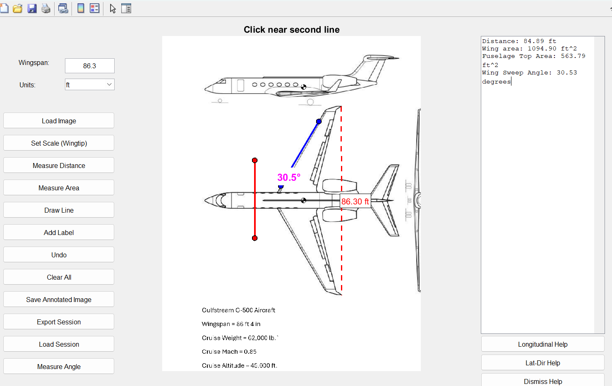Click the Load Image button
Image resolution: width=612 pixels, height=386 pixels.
59,121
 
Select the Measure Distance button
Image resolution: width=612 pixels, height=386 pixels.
59,165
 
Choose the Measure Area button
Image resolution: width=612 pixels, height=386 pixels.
59,188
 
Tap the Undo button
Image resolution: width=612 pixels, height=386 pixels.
59,255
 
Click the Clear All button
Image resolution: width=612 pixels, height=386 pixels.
59,277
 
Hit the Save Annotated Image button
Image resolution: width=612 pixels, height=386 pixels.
59,300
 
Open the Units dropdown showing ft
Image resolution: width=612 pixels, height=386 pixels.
89,85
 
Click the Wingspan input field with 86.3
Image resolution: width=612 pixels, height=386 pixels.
89,66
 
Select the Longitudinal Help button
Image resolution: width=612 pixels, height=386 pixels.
542,344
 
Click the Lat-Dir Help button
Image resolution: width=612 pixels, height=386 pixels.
542,363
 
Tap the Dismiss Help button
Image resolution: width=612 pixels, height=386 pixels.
542,381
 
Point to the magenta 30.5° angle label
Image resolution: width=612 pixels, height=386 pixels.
289,177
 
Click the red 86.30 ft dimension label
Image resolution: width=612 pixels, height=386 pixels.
355,201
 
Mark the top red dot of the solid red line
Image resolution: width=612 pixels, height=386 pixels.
255,160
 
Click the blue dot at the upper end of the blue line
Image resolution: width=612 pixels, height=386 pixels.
319,122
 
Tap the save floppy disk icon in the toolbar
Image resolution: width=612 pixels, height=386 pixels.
32,9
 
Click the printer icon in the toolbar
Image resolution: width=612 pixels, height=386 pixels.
46,9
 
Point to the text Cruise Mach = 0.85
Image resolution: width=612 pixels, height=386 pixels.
229,352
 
